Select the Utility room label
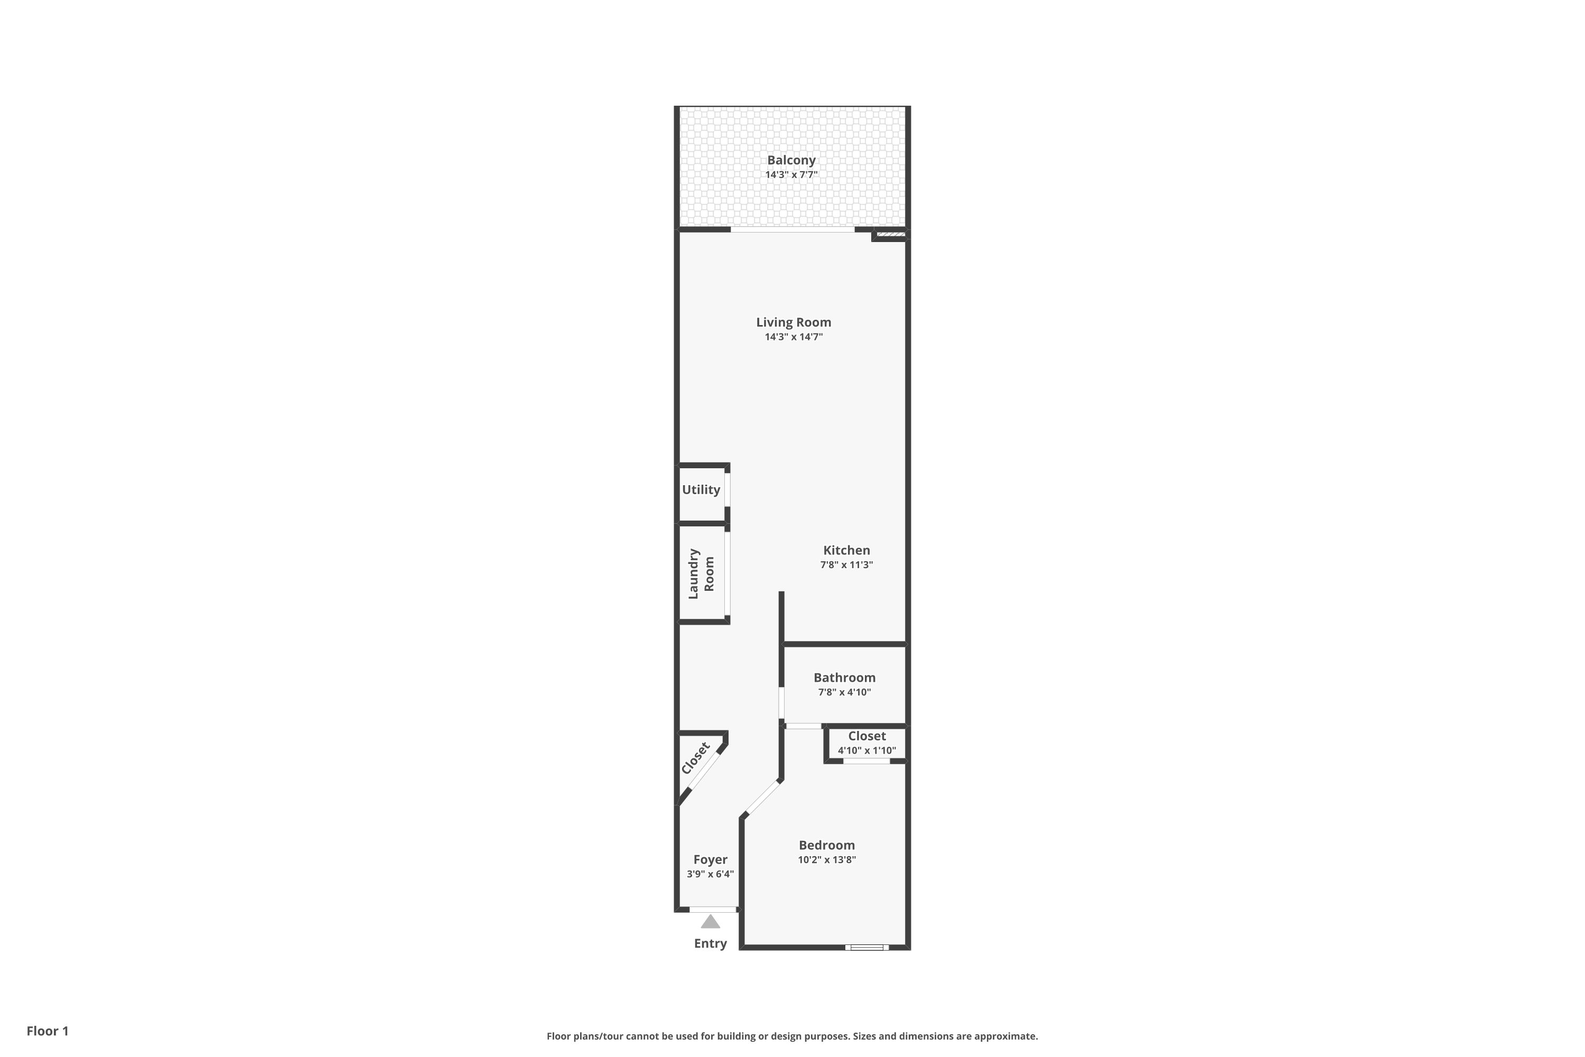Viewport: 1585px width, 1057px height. (x=701, y=490)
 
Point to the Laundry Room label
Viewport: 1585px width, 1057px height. (x=701, y=573)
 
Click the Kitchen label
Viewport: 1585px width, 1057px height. (x=846, y=550)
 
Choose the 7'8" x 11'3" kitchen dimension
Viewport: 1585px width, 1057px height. (x=846, y=565)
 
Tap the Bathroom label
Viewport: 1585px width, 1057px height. (x=844, y=678)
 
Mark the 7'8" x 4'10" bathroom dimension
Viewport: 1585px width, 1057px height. (x=844, y=692)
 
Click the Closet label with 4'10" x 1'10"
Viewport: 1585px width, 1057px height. (x=866, y=736)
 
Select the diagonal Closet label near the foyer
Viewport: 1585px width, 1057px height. (x=695, y=758)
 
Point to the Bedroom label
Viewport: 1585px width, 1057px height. (x=827, y=845)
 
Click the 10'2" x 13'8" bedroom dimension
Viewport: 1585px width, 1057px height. (x=827, y=859)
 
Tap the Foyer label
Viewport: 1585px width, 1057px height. (x=710, y=859)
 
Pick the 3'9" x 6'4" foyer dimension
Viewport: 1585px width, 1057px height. (x=710, y=874)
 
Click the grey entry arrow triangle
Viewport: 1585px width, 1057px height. (x=710, y=922)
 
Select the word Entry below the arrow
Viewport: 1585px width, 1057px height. (x=710, y=944)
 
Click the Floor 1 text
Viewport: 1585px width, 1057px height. (x=47, y=1031)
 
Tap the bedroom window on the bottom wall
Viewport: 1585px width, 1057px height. (x=866, y=948)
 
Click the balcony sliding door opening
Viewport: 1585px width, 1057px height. (x=792, y=230)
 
